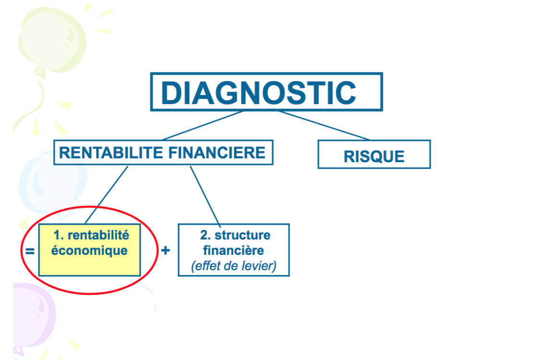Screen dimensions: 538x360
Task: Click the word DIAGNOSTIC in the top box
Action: (259, 93)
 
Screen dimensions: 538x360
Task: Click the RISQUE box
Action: (374, 154)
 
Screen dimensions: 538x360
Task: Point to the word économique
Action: (89, 251)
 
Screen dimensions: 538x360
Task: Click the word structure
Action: (242, 235)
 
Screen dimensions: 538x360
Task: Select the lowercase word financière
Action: (233, 250)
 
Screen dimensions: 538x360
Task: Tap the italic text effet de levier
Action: (233, 266)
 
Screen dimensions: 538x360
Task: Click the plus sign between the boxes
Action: (165, 250)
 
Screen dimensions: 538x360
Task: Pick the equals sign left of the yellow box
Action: (30, 252)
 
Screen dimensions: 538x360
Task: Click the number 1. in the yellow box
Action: (59, 235)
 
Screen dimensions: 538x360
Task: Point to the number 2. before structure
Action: (205, 235)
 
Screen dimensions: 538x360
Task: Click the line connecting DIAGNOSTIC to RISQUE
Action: (322, 125)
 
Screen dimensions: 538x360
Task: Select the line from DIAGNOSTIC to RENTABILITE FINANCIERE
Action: (203, 125)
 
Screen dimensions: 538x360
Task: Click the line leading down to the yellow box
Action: (106, 195)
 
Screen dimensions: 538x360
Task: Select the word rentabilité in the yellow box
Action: (98, 235)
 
